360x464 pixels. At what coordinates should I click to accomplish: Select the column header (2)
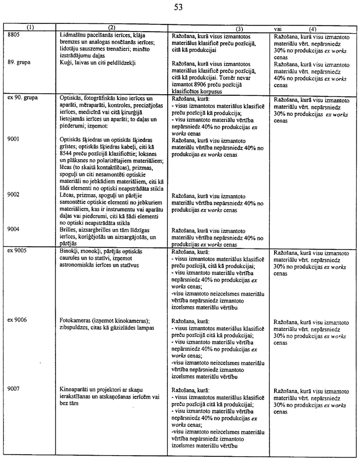pos(111,27)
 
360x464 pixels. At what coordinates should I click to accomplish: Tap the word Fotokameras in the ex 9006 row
pos(77,320)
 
